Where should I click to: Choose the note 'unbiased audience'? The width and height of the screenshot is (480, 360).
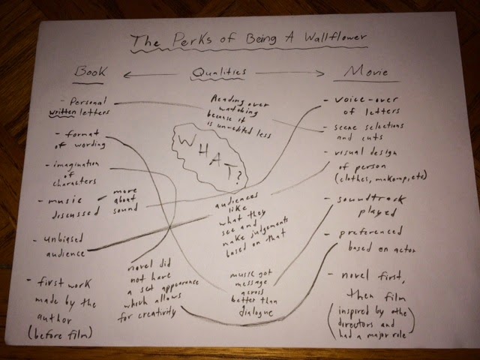pyautogui.click(x=63, y=246)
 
